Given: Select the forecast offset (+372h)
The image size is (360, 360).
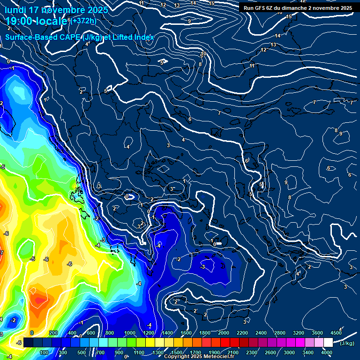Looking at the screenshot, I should tap(84, 21).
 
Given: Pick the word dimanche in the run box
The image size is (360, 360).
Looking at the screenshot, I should tap(304, 8).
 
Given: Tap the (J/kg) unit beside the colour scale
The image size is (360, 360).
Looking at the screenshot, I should tap(347, 343).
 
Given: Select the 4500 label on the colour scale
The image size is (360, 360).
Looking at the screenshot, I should tap(336, 333).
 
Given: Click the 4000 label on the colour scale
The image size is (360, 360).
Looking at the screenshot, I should tap(327, 352).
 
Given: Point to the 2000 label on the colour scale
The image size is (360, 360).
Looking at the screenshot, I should tap(224, 333).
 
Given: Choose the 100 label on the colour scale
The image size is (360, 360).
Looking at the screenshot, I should tap(44, 352).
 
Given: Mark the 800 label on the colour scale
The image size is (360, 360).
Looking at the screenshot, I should tap(110, 333).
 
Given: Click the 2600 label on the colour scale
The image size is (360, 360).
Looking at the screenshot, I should tap(270, 352).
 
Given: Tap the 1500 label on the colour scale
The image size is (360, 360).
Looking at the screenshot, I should tap(177, 352).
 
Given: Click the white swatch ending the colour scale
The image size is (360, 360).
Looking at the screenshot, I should tap(328, 343).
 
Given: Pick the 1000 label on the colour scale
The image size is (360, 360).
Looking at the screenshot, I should tap(130, 333).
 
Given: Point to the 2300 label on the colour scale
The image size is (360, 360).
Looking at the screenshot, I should tap(252, 352).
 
